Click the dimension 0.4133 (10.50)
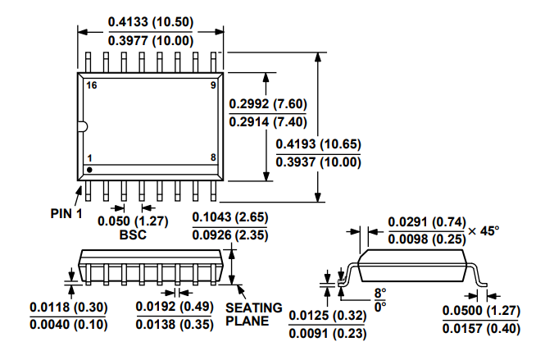coord(151,25)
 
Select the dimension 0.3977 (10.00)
coord(151,41)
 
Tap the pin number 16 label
coord(91,85)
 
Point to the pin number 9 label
coord(213,85)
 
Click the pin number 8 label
coord(213,157)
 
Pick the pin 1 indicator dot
coord(89,169)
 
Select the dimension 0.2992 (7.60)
coord(268,103)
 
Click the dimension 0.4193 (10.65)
coord(318,144)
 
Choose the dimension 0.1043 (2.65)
coord(229,218)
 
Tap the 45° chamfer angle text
coord(484,230)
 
